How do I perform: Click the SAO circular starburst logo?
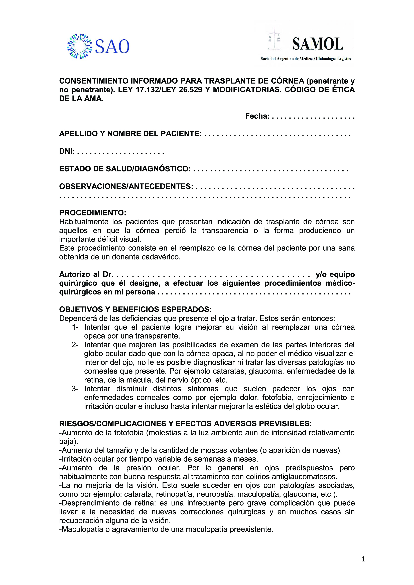click(80, 46)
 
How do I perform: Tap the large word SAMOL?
click(318, 44)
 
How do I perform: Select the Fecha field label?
click(257, 116)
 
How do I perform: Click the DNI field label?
click(67, 151)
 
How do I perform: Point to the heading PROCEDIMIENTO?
click(93, 213)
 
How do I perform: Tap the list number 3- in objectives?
click(75, 389)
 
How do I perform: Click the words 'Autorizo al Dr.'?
click(86, 274)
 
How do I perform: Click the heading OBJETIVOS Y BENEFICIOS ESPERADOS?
click(134, 309)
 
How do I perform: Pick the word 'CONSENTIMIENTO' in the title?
click(94, 81)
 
